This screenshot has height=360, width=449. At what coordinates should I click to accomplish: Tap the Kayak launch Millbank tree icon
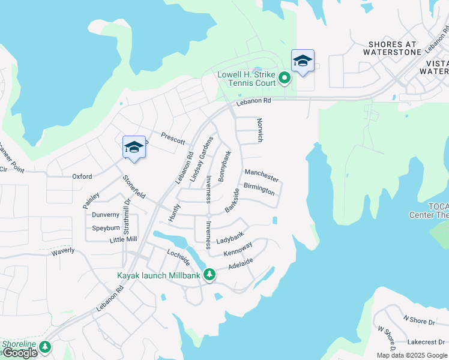[x=209, y=275]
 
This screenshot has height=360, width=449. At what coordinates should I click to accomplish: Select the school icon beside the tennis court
[x=303, y=61]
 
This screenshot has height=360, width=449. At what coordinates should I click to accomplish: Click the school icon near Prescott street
[x=134, y=147]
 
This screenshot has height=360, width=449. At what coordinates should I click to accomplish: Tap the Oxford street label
[x=82, y=176]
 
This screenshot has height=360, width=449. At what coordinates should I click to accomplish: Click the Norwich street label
[x=260, y=130]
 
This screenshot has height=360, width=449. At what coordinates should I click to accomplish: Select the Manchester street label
[x=262, y=175]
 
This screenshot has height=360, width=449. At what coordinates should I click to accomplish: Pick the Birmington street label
[x=259, y=189]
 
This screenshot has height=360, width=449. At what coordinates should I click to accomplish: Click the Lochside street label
[x=178, y=257]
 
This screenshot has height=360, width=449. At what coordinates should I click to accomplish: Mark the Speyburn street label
[x=106, y=228]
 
